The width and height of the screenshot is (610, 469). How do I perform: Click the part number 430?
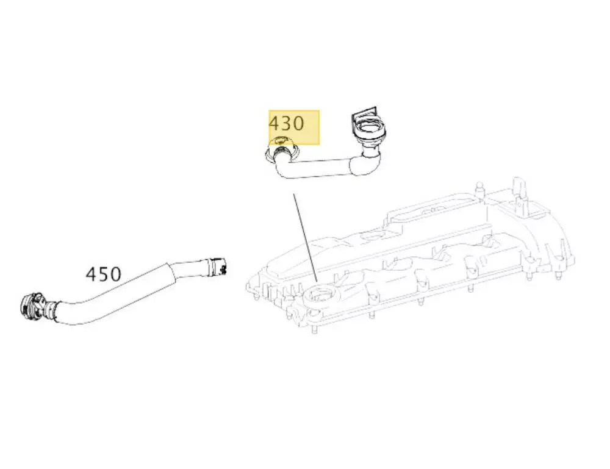tap(286, 123)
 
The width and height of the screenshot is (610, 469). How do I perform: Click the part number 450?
tap(103, 274)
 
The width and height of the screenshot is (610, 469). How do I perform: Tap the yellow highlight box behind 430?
tap(294, 127)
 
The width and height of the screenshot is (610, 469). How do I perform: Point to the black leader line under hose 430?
tap(306, 238)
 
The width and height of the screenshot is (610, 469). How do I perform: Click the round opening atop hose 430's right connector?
tap(369, 127)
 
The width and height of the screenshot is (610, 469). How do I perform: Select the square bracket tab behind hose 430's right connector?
tap(365, 113)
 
